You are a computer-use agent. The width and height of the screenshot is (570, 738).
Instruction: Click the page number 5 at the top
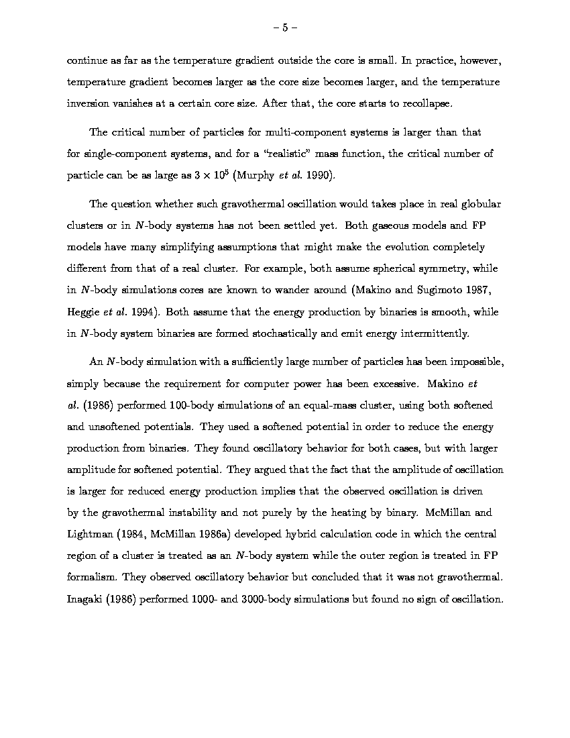point(285,28)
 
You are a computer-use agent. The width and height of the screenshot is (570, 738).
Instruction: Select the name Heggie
point(84,312)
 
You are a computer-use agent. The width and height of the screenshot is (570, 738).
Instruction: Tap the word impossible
point(474,362)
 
